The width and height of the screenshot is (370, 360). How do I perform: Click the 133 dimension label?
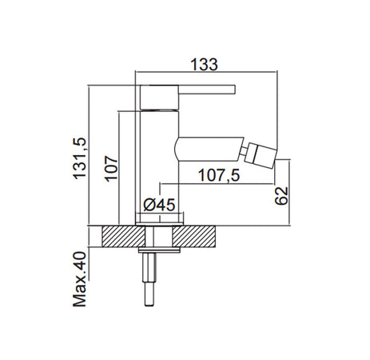click(x=205, y=64)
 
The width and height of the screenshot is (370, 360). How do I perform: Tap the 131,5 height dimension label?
click(x=80, y=158)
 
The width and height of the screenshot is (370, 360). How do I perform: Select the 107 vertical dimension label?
click(x=111, y=169)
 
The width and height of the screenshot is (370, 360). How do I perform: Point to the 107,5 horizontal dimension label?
click(x=219, y=175)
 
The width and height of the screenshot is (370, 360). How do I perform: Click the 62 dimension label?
click(x=281, y=196)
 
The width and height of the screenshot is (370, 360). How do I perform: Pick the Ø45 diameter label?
click(x=159, y=205)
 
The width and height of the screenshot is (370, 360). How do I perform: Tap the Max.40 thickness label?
click(x=80, y=279)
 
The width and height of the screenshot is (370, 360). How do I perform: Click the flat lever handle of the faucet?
click(x=207, y=90)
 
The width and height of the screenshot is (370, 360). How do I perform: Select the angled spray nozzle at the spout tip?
click(x=261, y=155)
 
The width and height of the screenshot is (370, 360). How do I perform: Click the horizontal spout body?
click(x=209, y=150)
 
